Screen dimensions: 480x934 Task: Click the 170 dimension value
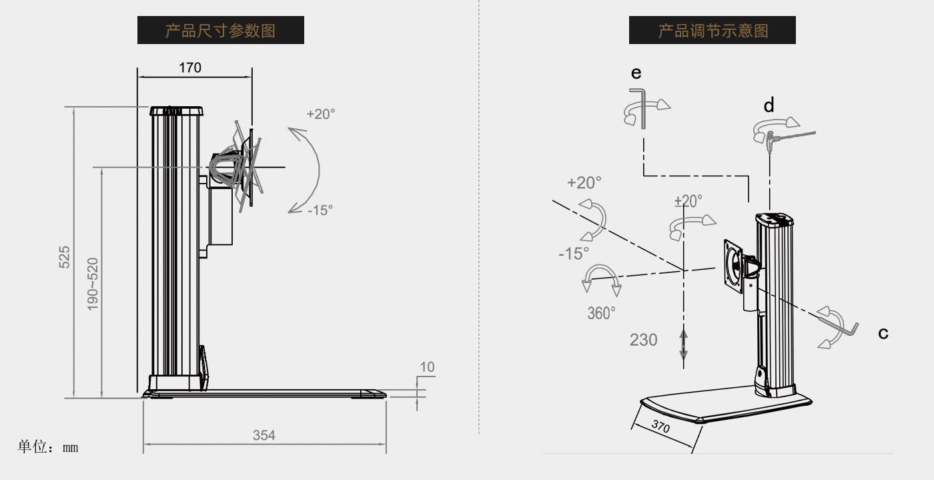click(189, 67)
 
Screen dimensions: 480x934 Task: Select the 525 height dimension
click(65, 257)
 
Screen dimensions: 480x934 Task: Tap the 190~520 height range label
click(93, 283)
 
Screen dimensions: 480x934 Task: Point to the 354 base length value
click(264, 435)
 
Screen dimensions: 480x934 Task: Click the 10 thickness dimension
click(427, 367)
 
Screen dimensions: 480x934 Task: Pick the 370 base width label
click(660, 425)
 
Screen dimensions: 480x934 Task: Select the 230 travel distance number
click(643, 340)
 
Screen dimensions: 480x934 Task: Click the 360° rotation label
click(601, 312)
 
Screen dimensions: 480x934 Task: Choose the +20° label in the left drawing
click(321, 113)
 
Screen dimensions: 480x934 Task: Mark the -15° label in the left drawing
click(320, 210)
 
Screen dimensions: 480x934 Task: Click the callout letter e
click(636, 73)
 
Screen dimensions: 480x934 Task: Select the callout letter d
click(769, 105)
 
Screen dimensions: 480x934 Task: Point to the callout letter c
click(883, 333)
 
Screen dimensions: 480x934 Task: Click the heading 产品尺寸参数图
click(220, 31)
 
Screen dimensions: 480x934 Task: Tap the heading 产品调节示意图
click(713, 31)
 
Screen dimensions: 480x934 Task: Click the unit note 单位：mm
click(48, 447)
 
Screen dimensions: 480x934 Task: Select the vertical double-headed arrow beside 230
click(683, 345)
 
